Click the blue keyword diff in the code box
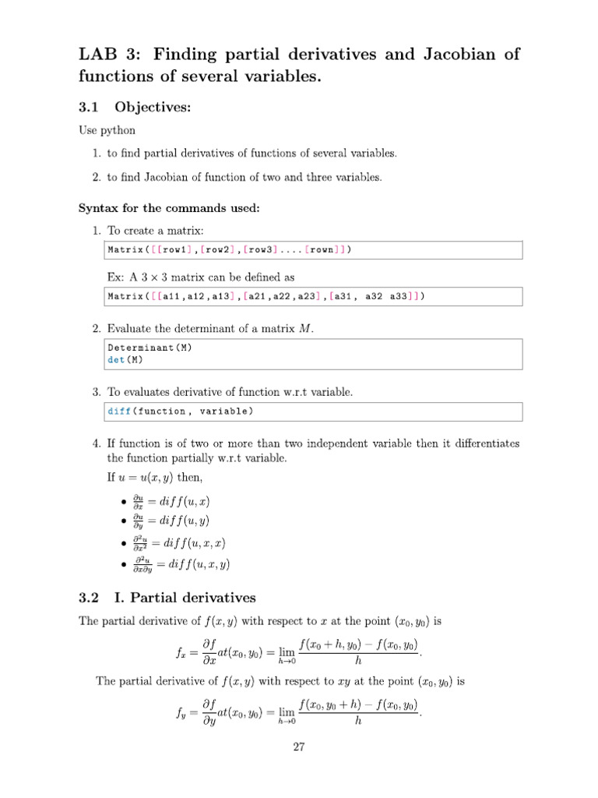119,411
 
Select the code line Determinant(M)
149,348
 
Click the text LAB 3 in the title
109,55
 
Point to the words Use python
107,130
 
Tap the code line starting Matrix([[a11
266,297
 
